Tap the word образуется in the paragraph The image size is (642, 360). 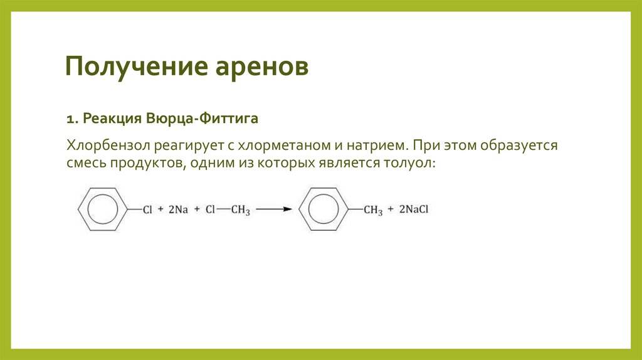click(519, 146)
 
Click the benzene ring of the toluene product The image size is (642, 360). click(322, 209)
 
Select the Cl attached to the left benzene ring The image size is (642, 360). click(147, 209)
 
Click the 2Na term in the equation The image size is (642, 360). click(177, 209)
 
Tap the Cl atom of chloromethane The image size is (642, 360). click(211, 209)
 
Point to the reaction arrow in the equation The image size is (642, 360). click(274, 209)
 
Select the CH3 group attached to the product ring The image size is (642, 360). click(373, 210)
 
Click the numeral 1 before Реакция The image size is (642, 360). click(71, 119)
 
